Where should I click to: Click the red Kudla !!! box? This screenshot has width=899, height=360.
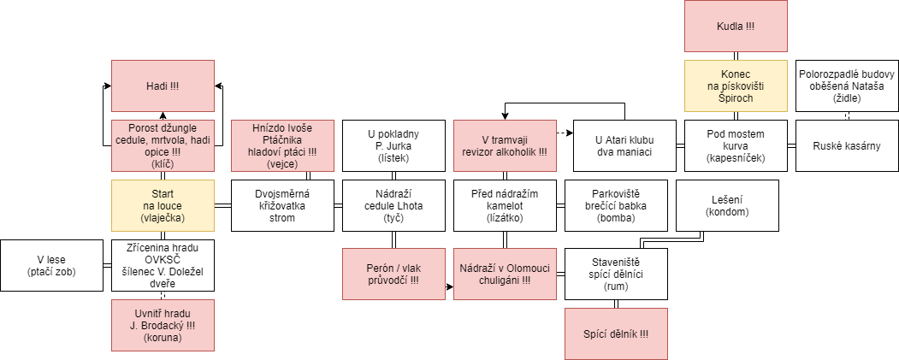(736, 27)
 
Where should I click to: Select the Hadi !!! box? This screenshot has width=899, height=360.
(163, 86)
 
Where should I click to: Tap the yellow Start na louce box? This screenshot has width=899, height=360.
(163, 205)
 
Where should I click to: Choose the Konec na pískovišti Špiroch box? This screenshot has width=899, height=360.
(736, 86)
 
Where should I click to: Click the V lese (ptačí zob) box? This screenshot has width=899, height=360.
(51, 265)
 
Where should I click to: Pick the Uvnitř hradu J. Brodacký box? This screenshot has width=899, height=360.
(163, 325)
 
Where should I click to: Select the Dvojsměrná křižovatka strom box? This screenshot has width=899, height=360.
(282, 205)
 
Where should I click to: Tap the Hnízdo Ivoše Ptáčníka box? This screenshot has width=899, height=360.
(282, 145)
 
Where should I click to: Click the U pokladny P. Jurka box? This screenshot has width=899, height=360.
(393, 145)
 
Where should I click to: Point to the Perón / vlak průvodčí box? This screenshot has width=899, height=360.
(393, 274)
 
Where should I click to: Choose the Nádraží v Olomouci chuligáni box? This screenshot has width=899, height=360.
(505, 274)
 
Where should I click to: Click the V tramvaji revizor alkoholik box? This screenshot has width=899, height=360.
(505, 145)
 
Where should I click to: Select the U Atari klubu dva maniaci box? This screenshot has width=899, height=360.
(625, 145)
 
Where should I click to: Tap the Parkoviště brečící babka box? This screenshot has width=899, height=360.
(617, 205)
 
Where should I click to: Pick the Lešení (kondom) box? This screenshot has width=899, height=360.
(728, 205)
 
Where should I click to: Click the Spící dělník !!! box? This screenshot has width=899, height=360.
(617, 333)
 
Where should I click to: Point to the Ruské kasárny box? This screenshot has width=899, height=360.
(847, 145)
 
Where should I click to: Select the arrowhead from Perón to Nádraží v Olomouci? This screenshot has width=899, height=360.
(450, 285)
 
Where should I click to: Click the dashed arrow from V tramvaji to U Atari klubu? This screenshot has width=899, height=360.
(565, 133)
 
